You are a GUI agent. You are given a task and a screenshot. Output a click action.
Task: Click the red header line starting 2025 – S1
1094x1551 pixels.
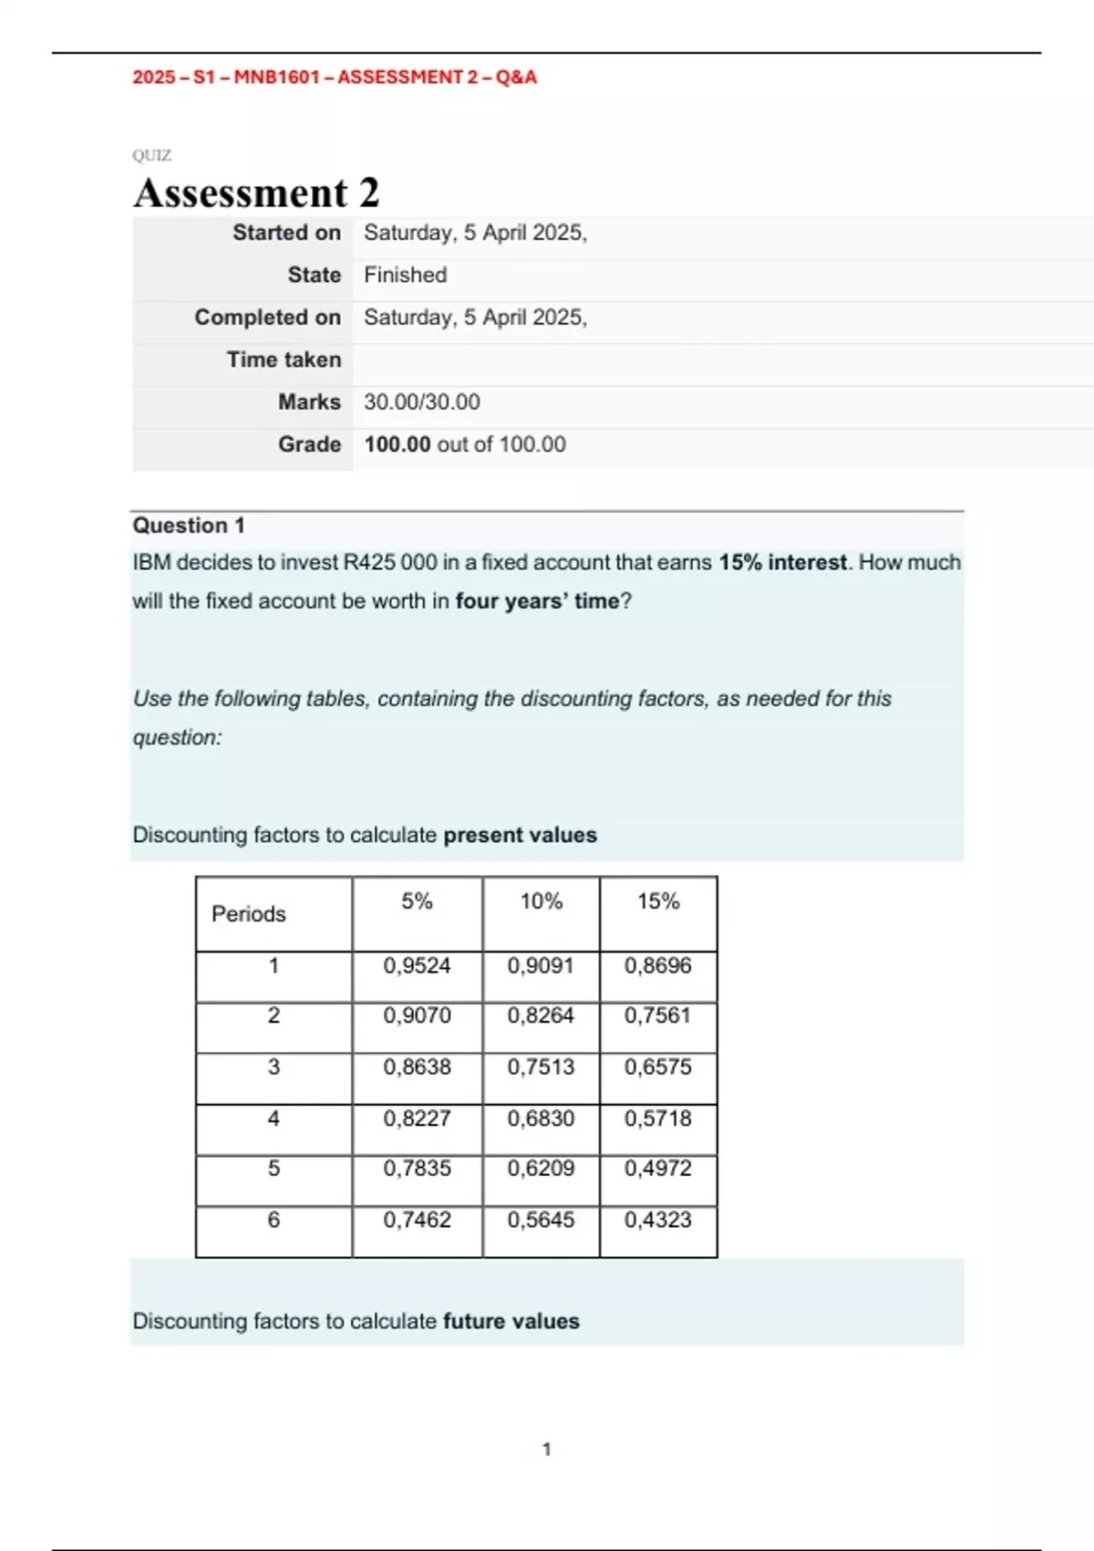tap(335, 78)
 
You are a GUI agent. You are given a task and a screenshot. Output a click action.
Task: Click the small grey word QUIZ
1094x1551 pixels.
tap(151, 155)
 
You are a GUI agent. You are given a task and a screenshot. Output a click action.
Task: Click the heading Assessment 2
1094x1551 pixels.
tap(256, 193)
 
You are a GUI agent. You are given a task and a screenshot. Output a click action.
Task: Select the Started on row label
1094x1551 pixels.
tap(286, 233)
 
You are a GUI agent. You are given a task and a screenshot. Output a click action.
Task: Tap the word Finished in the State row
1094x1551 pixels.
tap(405, 275)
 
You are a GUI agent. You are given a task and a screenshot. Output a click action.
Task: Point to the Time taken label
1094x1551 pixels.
tap(284, 359)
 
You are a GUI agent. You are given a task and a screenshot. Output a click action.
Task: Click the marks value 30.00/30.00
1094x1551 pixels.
tap(421, 401)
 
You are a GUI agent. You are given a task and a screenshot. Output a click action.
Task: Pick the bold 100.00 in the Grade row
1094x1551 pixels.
tap(397, 444)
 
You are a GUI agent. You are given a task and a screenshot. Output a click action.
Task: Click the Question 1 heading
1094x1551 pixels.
tap(189, 526)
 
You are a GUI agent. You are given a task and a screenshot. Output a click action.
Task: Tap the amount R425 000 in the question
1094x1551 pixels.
tap(390, 562)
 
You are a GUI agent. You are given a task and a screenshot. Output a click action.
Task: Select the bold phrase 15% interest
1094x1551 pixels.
tap(782, 562)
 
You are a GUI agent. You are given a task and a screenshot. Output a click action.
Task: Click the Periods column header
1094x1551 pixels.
tap(248, 913)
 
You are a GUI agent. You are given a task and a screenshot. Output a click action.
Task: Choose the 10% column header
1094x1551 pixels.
tap(541, 901)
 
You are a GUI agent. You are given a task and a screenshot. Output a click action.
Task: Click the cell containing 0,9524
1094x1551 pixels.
tap(417, 965)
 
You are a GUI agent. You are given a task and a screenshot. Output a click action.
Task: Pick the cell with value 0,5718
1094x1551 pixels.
tap(657, 1118)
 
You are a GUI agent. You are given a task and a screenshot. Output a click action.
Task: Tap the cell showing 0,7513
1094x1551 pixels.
tap(541, 1067)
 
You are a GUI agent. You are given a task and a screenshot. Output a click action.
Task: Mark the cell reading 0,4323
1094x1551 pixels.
tap(657, 1220)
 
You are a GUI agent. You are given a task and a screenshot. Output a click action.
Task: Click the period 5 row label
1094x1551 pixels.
tap(273, 1169)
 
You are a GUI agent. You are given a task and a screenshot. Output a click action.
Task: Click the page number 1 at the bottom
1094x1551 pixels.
tap(547, 1449)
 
